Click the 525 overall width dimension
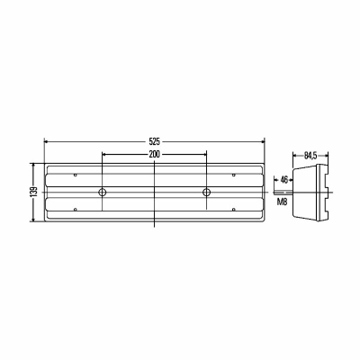pos(155,140)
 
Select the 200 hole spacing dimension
pos(155,155)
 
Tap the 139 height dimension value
pos(34,192)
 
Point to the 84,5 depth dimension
pos(310,156)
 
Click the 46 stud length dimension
pos(283,180)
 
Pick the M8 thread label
pos(282,202)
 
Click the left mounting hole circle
pos(103,192)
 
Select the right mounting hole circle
pos(206,192)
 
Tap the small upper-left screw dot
pos(76,175)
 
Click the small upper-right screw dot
pos(234,175)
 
